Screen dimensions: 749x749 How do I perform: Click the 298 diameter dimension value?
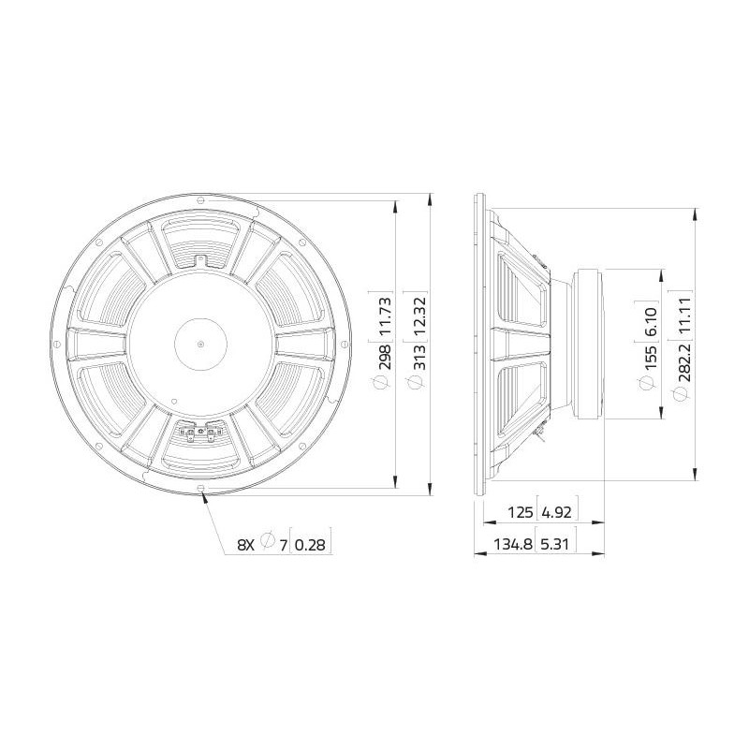(385, 356)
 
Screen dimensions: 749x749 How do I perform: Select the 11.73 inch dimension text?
(385, 316)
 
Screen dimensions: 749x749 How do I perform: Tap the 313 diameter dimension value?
(419, 357)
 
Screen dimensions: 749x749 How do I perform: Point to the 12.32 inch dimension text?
(419, 316)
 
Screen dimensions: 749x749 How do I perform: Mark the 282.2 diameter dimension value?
(685, 359)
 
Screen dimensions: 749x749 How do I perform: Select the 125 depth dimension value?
(520, 512)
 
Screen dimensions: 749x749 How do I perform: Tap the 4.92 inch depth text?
(557, 512)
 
